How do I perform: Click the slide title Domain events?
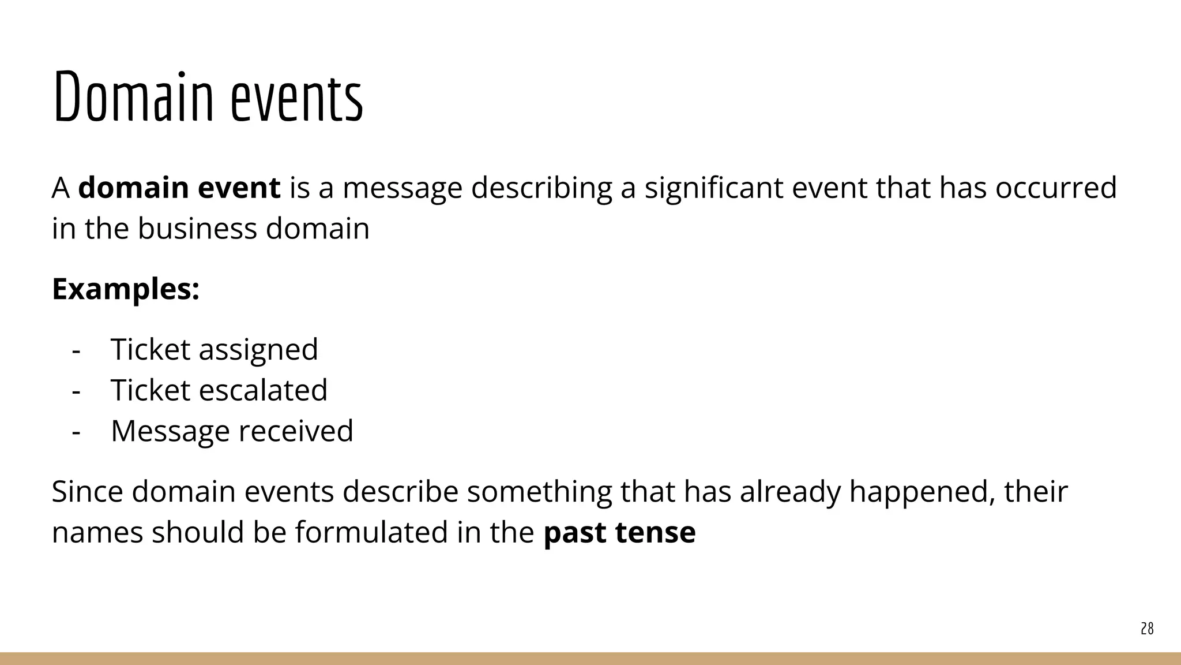(208, 97)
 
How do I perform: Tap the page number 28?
(1147, 629)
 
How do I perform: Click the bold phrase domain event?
(179, 188)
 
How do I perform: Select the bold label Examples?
(126, 289)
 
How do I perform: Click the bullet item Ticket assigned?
(214, 350)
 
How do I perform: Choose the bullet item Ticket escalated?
(219, 390)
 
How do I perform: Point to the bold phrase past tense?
(619, 532)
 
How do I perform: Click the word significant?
(713, 188)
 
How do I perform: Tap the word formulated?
(371, 532)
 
